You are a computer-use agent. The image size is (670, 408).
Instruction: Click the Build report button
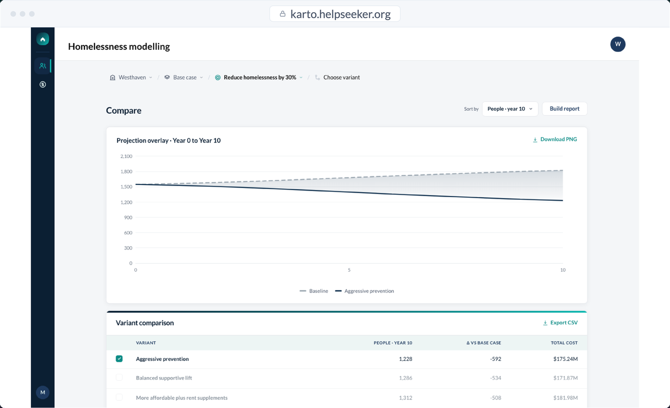[565, 108]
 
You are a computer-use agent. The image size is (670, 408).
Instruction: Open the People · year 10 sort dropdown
[510, 108]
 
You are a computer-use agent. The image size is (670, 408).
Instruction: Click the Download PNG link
[555, 139]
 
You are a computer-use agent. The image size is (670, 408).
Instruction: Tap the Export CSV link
[560, 322]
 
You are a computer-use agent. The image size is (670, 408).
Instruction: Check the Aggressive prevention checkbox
[119, 359]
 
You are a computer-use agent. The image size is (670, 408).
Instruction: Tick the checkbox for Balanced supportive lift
[119, 378]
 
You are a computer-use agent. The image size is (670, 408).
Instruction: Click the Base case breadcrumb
[183, 78]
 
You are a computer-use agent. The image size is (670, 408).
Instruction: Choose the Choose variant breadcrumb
[338, 78]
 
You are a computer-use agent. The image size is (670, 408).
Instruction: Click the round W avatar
[618, 44]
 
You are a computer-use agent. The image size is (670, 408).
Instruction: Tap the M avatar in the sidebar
[43, 392]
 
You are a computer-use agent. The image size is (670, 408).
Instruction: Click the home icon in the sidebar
[43, 39]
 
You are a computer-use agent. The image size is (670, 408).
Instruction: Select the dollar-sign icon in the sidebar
[43, 84]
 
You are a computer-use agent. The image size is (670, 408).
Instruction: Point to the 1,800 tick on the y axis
[126, 172]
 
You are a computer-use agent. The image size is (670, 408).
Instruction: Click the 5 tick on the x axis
[349, 270]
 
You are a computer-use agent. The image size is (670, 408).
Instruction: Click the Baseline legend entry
[314, 291]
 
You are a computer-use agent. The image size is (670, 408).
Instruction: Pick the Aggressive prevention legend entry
[364, 291]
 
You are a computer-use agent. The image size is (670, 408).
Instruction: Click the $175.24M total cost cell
[565, 359]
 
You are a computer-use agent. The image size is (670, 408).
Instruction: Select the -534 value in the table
[496, 378]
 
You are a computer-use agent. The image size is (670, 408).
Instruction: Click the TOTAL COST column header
[564, 343]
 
